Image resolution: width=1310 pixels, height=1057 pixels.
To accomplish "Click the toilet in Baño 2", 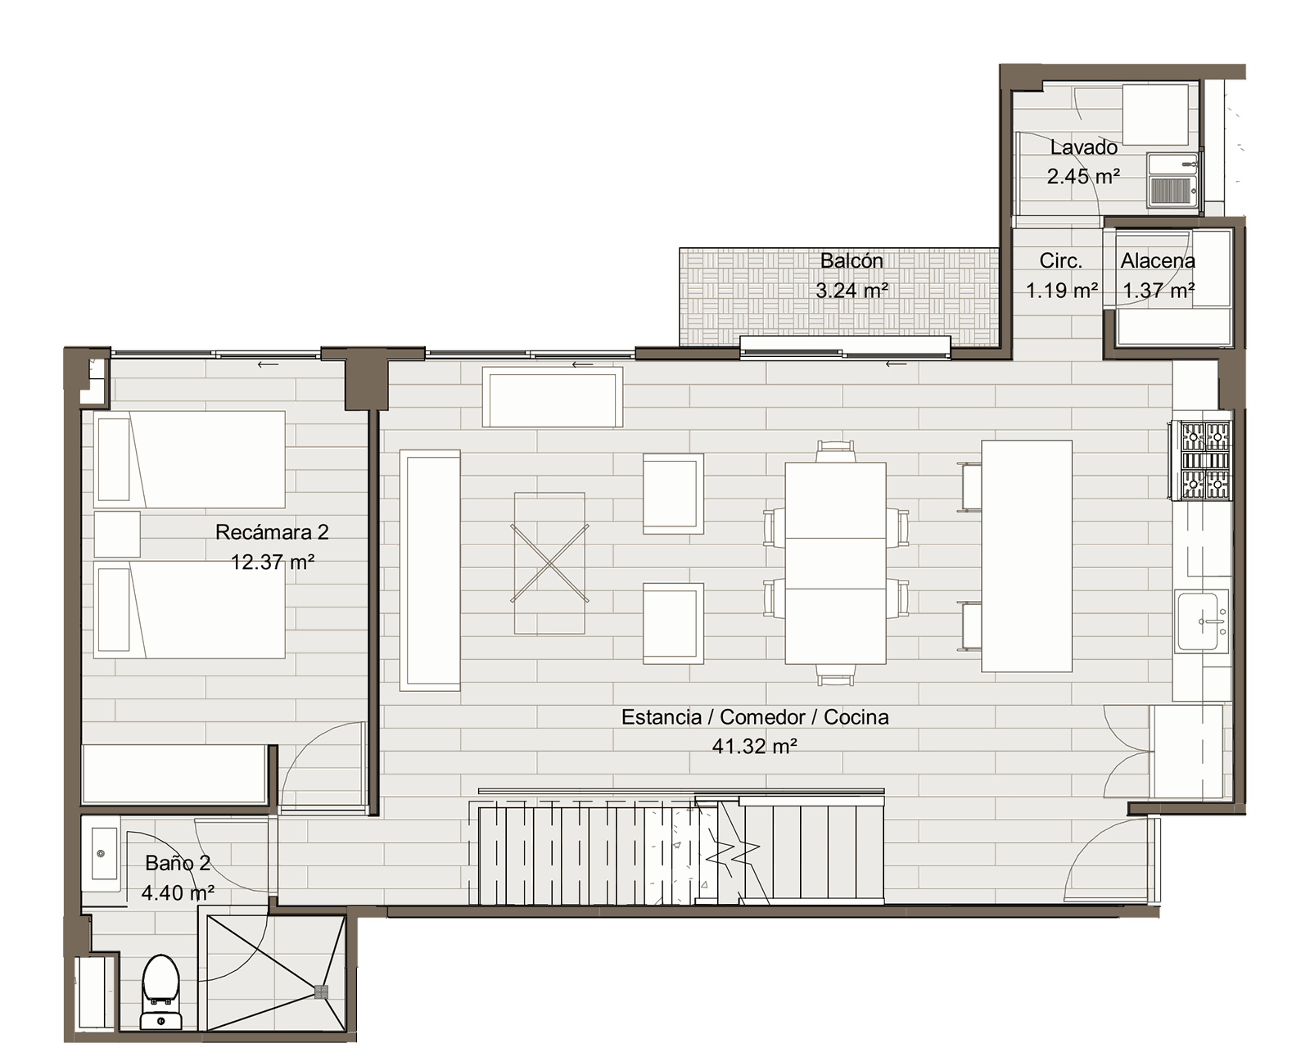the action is pos(161,992).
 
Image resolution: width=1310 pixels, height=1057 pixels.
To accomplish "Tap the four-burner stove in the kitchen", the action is pos(1200,460).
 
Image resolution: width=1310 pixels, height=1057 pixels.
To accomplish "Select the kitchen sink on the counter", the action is pos(1203,621).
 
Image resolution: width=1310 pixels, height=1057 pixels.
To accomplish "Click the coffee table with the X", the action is pos(549,563).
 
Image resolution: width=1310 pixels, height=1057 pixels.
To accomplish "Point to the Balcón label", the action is pos(851,260).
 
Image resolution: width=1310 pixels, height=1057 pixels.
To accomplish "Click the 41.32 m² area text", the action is pos(755,746).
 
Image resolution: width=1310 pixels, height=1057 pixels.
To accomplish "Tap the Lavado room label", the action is pos(1083,147).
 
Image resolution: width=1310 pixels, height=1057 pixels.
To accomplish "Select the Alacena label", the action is pos(1158,260).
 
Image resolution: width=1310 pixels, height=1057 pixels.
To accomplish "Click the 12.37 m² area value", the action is pos(272,562).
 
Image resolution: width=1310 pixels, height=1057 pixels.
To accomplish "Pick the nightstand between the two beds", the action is pos(117,534).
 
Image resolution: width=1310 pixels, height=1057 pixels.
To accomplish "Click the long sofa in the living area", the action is pos(430,570).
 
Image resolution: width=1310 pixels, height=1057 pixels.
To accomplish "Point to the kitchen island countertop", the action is pos(1027,556).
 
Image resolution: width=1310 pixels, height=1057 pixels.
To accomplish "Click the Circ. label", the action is pos(1061,260).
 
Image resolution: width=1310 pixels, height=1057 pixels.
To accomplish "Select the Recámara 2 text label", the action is pos(272,532).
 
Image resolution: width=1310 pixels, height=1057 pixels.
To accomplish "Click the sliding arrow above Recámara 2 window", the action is pos(268,364).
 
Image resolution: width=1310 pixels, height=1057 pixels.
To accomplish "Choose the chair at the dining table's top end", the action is pos(835,451).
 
